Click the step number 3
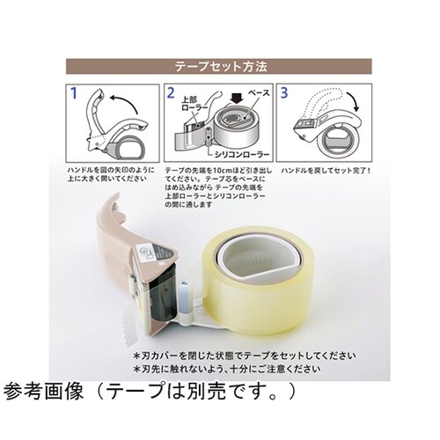coord(282,91)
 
